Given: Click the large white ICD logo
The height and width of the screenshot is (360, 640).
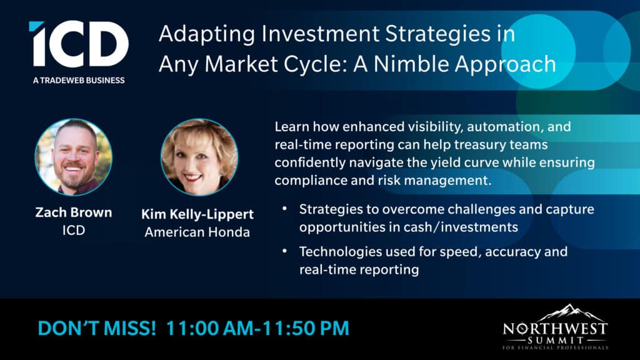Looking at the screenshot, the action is [79, 44].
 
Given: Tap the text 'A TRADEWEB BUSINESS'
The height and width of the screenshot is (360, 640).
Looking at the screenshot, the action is [79, 81].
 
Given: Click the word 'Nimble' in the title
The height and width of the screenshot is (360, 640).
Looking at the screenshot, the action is [411, 64].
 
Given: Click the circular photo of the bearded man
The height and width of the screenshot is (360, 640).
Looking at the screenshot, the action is [74, 157].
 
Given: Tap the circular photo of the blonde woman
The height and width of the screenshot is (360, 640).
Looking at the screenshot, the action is [199, 157].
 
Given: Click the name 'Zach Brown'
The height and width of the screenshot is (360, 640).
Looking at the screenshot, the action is [74, 212].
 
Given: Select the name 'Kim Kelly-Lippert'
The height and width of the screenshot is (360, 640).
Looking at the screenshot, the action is [197, 214].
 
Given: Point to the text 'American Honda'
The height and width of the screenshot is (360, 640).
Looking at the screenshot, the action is [197, 232].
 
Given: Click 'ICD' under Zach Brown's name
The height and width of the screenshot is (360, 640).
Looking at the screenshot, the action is [74, 230].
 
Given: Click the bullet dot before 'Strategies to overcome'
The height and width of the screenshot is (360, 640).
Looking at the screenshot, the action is [284, 209].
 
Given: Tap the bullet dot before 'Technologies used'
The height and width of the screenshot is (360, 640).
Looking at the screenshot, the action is [284, 251].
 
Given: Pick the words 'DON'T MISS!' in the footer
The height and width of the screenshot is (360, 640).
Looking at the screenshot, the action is [97, 329].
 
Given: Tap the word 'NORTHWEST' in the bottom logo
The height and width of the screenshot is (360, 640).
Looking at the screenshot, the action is [556, 329].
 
